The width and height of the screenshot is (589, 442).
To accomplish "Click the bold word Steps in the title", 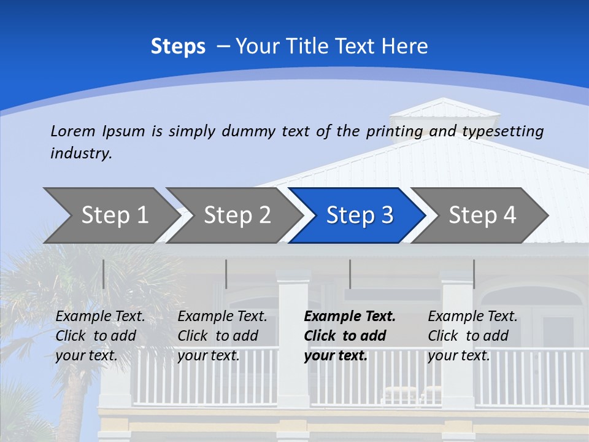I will (x=178, y=47).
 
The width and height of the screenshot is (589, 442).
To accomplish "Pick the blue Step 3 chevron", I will (x=360, y=215).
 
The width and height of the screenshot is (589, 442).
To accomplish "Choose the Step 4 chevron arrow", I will (x=482, y=215).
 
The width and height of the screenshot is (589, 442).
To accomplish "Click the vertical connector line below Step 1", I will (x=103, y=274).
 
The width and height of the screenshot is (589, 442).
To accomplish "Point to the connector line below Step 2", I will (x=226, y=274).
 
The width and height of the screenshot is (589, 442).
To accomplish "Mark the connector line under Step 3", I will (x=350, y=274).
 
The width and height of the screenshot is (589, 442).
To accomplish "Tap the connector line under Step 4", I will (x=474, y=274).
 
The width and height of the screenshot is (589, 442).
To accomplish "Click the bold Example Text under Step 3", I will (x=350, y=317).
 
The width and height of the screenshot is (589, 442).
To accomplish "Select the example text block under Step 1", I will (x=100, y=336).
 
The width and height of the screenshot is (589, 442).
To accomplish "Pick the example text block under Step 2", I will (x=222, y=336).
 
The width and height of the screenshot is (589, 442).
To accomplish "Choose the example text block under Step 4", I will (x=472, y=336).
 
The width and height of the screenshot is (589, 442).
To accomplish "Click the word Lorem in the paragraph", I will (x=73, y=131).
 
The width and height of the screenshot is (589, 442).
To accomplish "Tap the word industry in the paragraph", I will (x=80, y=153).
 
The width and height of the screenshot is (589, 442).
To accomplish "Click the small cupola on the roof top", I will (x=445, y=110).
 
